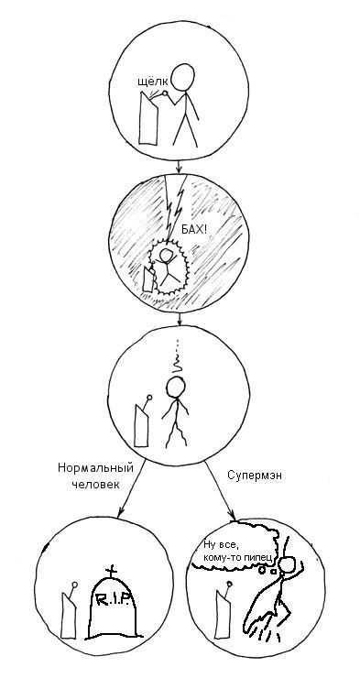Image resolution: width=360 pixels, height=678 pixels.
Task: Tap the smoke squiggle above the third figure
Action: [x=179, y=361]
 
